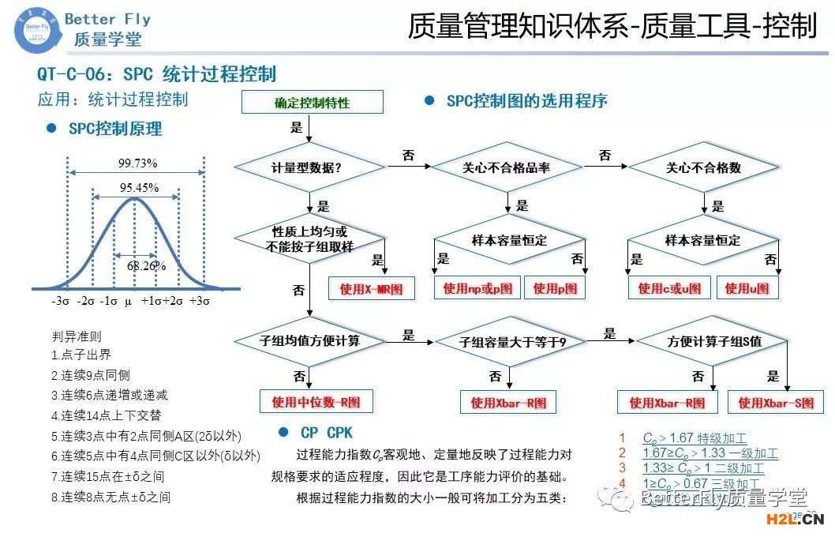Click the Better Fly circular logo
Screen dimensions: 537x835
click(34, 29)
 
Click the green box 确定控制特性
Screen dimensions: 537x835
click(312, 103)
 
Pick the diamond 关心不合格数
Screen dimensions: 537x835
click(703, 167)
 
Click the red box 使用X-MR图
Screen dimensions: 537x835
click(371, 289)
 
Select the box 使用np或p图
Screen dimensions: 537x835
click(477, 288)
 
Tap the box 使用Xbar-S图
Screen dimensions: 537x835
click(776, 403)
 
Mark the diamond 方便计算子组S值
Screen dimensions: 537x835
click(713, 342)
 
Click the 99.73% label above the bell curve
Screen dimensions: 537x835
click(137, 163)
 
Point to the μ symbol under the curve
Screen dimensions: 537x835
click(128, 301)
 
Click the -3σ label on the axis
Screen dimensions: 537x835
click(61, 301)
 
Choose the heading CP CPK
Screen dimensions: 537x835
click(326, 433)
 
